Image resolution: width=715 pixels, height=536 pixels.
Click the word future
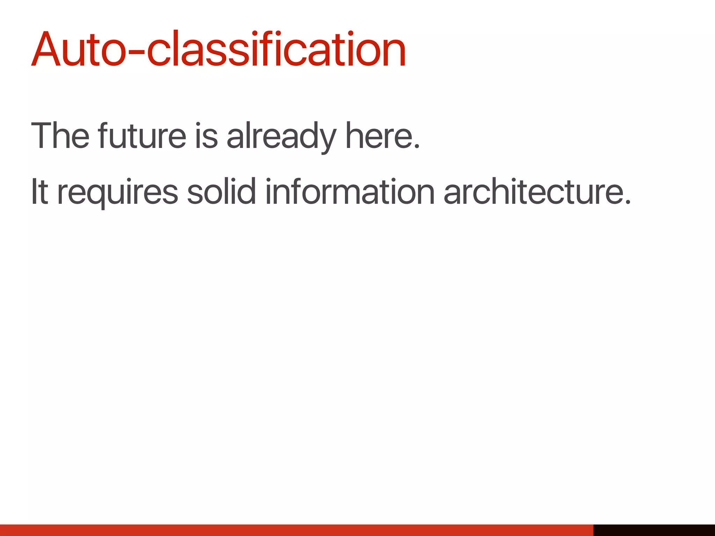pos(142,135)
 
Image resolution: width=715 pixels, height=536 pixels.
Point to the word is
pos(206,135)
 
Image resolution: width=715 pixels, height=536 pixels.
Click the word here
pos(379,135)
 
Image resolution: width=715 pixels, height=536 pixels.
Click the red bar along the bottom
pos(297,530)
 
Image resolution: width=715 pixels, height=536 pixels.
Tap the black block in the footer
pos(654,530)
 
